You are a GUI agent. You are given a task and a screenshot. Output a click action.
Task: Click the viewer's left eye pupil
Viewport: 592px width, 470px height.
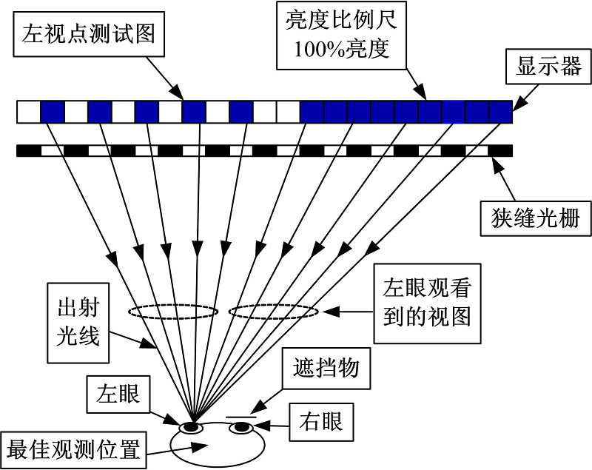click(192, 427)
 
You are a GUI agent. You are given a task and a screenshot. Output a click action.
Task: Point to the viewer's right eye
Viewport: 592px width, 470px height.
click(240, 427)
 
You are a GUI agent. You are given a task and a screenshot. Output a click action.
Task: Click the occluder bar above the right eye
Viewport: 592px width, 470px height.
click(241, 417)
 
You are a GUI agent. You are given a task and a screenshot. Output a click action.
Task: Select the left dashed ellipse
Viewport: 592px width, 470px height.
click(173, 312)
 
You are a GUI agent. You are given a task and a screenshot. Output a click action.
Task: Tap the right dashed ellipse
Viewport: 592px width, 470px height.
click(273, 312)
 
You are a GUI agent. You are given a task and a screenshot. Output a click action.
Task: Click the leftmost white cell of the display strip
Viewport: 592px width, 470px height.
click(28, 112)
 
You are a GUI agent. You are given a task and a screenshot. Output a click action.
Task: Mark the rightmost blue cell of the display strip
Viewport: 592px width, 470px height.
click(501, 112)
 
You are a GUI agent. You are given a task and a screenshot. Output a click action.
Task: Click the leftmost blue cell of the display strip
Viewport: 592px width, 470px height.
click(52, 112)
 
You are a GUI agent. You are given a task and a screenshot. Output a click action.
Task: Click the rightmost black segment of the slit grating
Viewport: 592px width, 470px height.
click(501, 151)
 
